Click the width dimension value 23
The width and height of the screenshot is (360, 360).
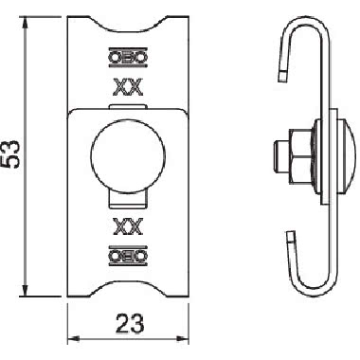tap(130, 323)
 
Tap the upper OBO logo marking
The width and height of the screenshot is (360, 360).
tap(128, 58)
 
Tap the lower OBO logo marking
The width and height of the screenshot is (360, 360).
tap(128, 256)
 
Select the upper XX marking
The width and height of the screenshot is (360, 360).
tap(128, 87)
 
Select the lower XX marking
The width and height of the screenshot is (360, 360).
tap(128, 226)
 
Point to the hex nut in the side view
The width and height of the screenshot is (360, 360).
tap(301, 155)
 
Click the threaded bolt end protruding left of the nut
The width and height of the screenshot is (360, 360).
tap(281, 155)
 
